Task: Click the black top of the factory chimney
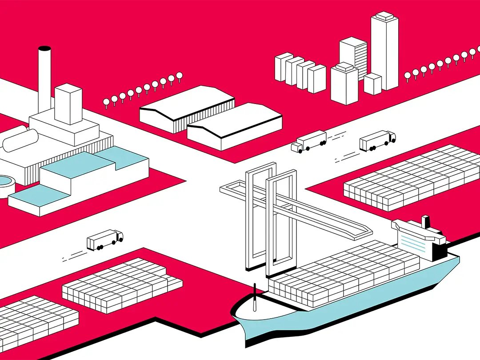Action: [44, 48]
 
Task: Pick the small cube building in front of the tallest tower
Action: [372, 84]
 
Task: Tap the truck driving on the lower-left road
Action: [104, 240]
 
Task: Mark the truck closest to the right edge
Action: [377, 140]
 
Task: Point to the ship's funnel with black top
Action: [426, 221]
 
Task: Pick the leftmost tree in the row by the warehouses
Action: [106, 103]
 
